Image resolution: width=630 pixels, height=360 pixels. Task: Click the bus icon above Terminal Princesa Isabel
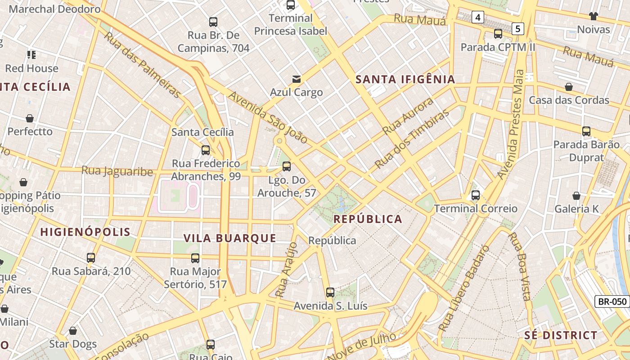point(291,5)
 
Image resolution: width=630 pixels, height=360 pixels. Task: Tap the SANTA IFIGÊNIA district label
point(405,80)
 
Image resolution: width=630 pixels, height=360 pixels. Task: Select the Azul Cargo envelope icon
point(296,79)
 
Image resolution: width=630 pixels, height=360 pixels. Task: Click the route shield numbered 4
point(477,18)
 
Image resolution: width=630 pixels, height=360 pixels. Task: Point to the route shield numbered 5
point(518,29)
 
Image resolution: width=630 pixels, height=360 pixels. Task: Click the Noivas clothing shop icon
point(594,16)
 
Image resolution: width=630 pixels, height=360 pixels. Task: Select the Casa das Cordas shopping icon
point(569,87)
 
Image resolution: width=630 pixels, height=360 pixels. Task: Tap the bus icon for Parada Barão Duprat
point(586,131)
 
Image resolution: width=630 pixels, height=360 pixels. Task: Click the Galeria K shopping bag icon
point(576,196)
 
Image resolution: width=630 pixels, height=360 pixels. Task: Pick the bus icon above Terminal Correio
point(475,195)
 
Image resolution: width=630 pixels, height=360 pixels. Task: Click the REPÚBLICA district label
point(368,219)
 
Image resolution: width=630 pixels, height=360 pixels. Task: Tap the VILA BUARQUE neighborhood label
point(229,238)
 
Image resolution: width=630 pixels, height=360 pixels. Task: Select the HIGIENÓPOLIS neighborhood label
point(85,232)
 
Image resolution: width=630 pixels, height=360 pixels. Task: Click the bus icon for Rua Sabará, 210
point(91,258)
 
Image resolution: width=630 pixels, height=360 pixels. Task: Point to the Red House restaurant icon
point(31,55)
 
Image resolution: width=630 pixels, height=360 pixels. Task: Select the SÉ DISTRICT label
point(561,335)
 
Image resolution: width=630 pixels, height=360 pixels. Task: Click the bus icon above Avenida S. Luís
point(330,292)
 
